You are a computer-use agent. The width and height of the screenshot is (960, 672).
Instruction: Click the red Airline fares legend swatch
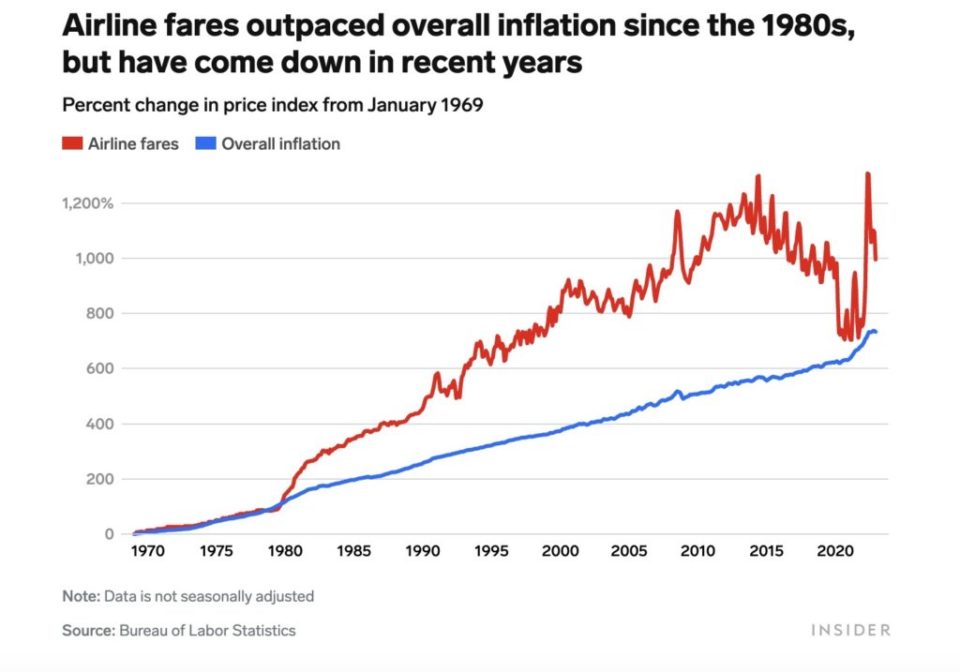point(72,144)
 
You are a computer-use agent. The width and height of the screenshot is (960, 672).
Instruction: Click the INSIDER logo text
point(850,631)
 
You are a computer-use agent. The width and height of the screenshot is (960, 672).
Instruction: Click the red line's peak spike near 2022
point(867,174)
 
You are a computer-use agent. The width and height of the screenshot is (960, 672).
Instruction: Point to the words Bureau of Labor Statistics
point(207,631)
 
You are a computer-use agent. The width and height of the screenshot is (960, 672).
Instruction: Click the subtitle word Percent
point(91,105)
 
